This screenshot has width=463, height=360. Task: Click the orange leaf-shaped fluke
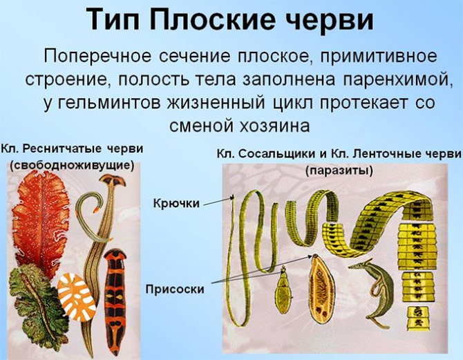[x=322, y=276]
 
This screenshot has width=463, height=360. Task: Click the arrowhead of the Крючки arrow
[x=233, y=196]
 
